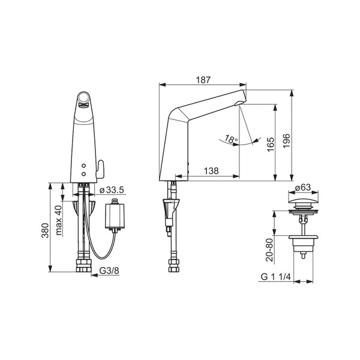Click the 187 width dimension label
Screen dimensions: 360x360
[x=203, y=80]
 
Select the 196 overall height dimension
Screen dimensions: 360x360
[x=286, y=141]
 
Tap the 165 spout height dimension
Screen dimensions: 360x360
[x=271, y=144]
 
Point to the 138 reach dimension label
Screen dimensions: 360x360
[x=211, y=171]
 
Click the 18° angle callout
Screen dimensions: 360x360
[x=231, y=139]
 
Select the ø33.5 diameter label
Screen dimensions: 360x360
[x=112, y=190]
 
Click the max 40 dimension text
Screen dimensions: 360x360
[x=59, y=220]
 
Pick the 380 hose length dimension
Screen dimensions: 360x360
[x=45, y=230]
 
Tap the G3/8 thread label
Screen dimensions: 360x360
[x=109, y=271]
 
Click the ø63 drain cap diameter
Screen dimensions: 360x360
[x=303, y=188]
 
